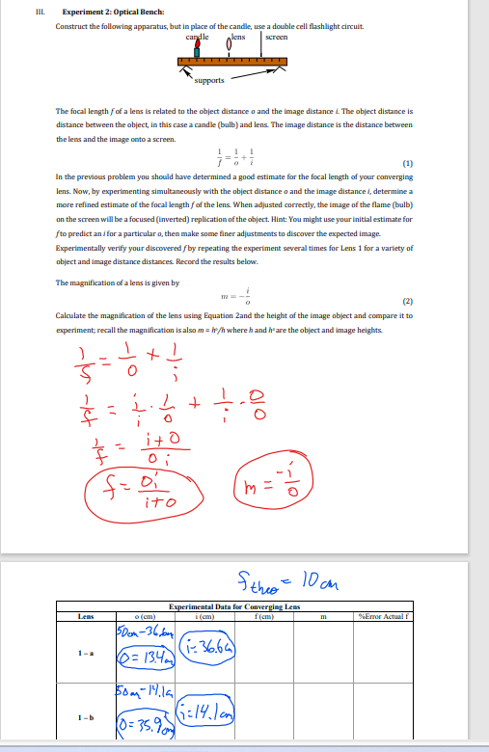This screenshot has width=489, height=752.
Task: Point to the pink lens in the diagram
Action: pos(229,44)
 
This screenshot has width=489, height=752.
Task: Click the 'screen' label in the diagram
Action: pos(277,37)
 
